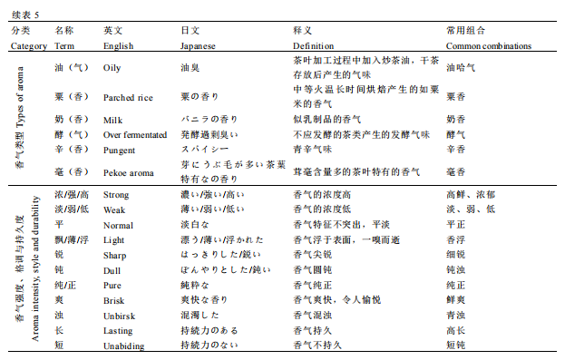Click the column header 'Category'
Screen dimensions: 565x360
coord(28,45)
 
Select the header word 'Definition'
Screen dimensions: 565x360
coord(314,45)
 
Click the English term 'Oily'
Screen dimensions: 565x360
coord(112,67)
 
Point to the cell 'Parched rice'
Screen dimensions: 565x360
coord(126,98)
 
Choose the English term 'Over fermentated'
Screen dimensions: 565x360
coord(137,133)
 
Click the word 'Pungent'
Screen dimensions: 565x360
coord(120,149)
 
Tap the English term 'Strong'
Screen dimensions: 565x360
coord(116,194)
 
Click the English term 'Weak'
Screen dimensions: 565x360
coord(114,209)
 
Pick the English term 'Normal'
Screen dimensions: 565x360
coord(118,224)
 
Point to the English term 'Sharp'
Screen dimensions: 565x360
coord(115,255)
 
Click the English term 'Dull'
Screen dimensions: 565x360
coord(112,270)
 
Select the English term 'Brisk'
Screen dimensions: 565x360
coord(114,299)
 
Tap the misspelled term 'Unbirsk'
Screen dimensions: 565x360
coord(119,316)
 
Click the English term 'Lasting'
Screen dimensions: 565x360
coord(118,330)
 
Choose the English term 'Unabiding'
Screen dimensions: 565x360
coord(123,345)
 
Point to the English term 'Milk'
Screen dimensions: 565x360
coord(112,120)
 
